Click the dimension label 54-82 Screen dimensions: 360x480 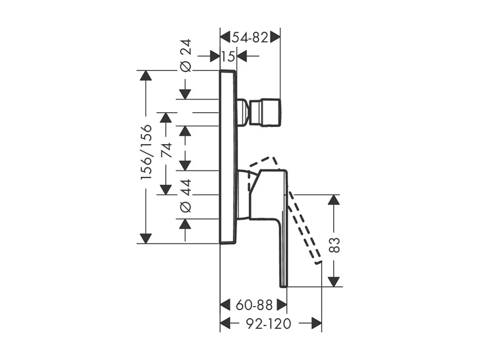tap(250, 38)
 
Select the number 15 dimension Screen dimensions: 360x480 tap(228, 56)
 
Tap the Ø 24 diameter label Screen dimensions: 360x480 tap(186, 55)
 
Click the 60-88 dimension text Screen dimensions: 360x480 tap(254, 304)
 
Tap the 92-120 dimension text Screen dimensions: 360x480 tap(267, 324)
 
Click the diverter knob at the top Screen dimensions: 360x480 tap(265, 112)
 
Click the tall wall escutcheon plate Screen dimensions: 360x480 tap(228, 157)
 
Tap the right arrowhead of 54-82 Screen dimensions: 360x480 tap(275, 37)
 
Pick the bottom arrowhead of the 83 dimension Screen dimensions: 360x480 tap(334, 281)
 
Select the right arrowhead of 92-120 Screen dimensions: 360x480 tap(316, 324)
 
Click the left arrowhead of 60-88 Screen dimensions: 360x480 tap(226, 304)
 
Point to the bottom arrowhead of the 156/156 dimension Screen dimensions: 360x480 tap(146, 238)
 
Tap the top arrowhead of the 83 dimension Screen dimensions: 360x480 tap(334, 200)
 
